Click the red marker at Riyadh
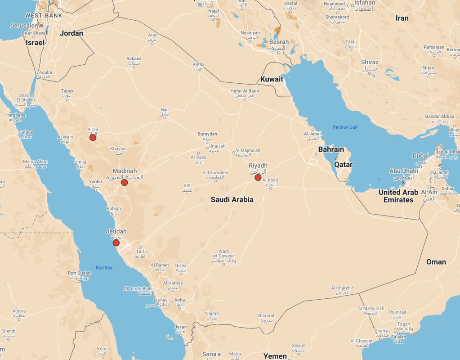coord(258,178)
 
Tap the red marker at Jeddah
coord(116,243)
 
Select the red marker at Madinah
coord(125,182)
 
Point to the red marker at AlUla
coord(93,138)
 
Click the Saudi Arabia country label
coord(232,200)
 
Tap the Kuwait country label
coord(272,79)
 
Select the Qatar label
coord(343,165)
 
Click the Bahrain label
coord(331,149)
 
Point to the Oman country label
coord(436,262)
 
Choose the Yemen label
coord(275,356)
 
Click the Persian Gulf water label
coord(345,127)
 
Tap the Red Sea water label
coord(104,268)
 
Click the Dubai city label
coord(420,156)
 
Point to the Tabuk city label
coord(67,91)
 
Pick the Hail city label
coord(164,109)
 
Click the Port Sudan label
coord(79,273)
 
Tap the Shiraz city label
coord(370,62)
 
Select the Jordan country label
coord(71,33)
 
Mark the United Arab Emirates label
coord(398,196)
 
